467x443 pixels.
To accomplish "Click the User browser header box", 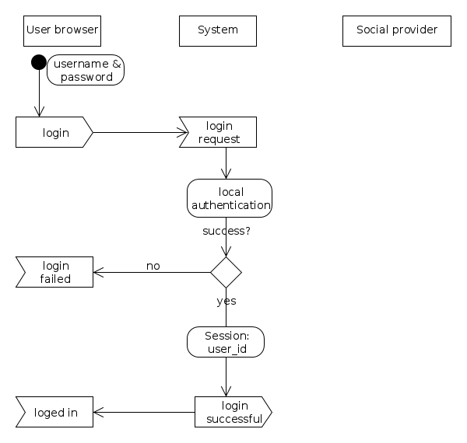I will coord(62,30).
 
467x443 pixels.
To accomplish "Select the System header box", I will coord(218,30).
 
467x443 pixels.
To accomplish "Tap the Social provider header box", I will coord(397,30).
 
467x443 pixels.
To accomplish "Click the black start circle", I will coord(38,62).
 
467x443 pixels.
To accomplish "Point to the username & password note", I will coord(86,70).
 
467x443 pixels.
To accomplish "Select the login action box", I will coord(54,132).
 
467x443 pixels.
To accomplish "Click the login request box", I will coord(219,132).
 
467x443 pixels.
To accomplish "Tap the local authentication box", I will coord(230,198).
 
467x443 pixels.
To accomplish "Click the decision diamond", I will coord(226,272).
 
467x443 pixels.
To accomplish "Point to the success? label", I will coord(226,231).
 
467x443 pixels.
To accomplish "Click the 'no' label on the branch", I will coord(153,266).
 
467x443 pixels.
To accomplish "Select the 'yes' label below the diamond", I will coord(226,301).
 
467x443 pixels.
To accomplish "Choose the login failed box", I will coord(55,272).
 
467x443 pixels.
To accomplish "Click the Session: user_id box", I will coord(226,342).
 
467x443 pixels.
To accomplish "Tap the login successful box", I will coord(233,412).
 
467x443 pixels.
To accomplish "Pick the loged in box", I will coord(55,412).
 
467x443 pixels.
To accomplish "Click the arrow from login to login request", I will coord(136,132).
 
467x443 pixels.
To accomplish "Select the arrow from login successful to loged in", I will coord(144,412).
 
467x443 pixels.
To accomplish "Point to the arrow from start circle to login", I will coord(38,93).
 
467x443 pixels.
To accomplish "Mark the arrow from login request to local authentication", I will coord(226,163).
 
